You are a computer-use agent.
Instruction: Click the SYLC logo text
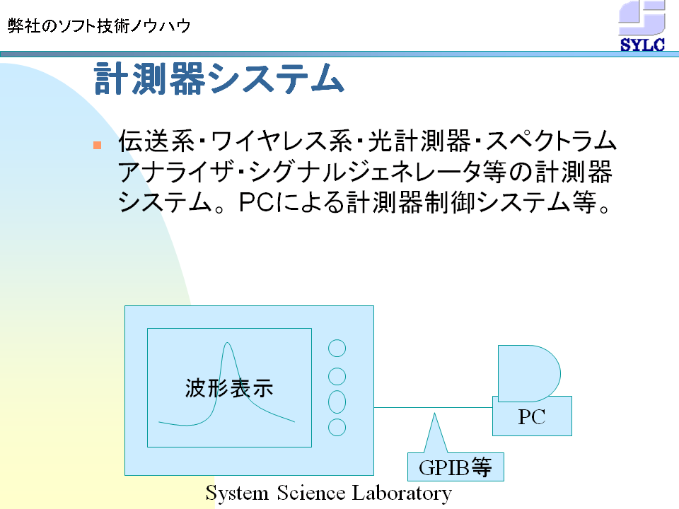pos(642,45)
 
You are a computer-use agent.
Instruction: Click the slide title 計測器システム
pos(219,78)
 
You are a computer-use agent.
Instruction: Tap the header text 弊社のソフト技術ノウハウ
pos(99,26)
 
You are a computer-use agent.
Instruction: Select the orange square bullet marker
pos(97,145)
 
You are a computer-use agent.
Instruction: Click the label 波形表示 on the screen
pos(229,388)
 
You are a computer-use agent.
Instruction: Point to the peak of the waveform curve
pos(227,343)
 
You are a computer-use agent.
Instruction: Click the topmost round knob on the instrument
pos(337,349)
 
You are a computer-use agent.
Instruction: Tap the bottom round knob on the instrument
pos(337,427)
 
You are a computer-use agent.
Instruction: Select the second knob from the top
pos(337,377)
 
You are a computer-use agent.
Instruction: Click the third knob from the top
pos(337,402)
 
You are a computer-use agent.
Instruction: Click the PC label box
pos(532,416)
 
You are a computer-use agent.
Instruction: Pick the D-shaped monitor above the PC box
pos(529,373)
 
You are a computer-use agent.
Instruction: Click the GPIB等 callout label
pos(455,467)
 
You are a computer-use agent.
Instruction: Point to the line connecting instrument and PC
pos(433,407)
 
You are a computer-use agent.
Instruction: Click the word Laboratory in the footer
pos(402,493)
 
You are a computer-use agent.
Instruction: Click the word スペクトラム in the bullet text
pos(551,141)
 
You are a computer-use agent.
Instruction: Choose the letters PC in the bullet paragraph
pos(257,202)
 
